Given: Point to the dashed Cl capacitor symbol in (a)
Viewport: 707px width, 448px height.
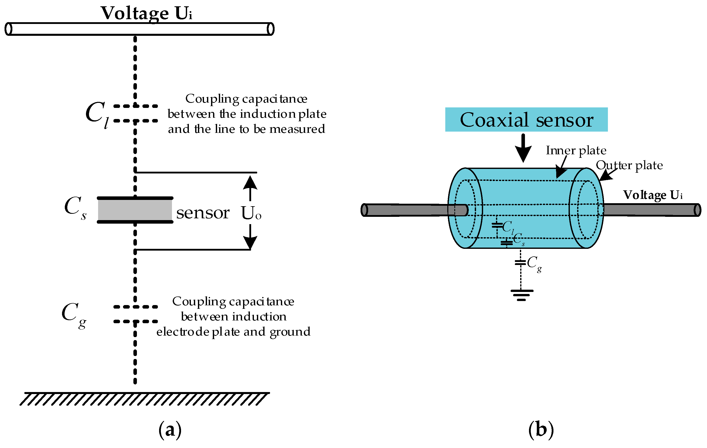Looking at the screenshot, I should point(135,113).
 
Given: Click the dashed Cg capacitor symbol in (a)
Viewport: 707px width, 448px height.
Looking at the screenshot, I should point(135,314).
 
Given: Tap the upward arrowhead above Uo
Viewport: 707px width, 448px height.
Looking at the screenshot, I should point(250,183).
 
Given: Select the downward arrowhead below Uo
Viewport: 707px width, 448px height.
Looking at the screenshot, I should point(250,243).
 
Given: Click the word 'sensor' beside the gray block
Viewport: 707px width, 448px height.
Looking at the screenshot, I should point(202,213).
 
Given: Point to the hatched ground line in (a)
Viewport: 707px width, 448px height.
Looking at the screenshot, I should point(144,398).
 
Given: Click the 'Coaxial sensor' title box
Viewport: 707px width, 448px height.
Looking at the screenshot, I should point(526,120).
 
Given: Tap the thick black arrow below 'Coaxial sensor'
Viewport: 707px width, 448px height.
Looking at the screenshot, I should point(523,148).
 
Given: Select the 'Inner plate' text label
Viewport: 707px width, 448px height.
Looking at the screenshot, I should point(576,150).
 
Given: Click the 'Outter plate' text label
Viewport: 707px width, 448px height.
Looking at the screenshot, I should point(629,165).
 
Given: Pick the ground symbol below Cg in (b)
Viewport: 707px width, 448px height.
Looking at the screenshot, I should point(521,295).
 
